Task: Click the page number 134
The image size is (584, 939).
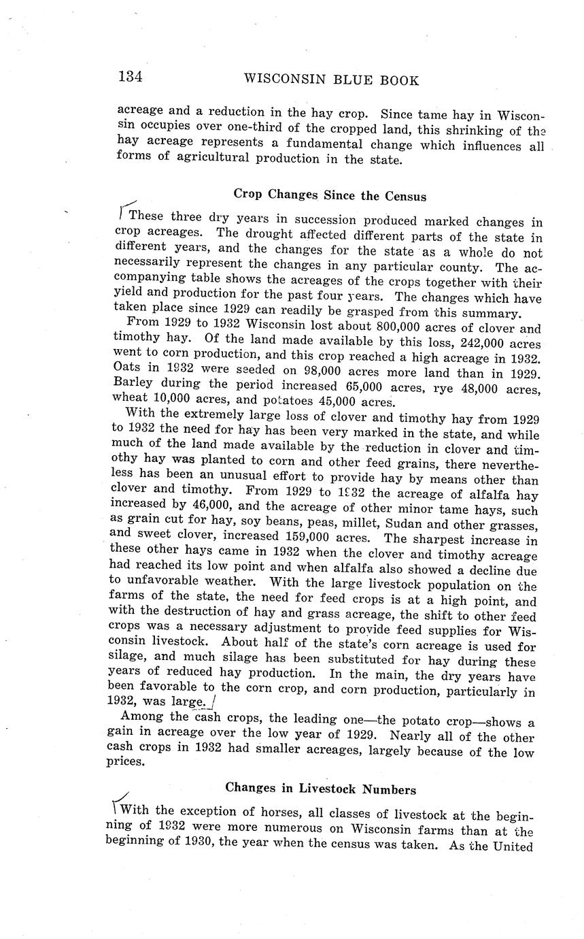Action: [130, 76]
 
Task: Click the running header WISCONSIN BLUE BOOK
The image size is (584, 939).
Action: [331, 80]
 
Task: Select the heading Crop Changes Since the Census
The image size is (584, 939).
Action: [330, 196]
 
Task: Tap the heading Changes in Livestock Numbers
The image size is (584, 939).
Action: [320, 789]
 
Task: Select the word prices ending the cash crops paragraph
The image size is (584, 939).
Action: [126, 761]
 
